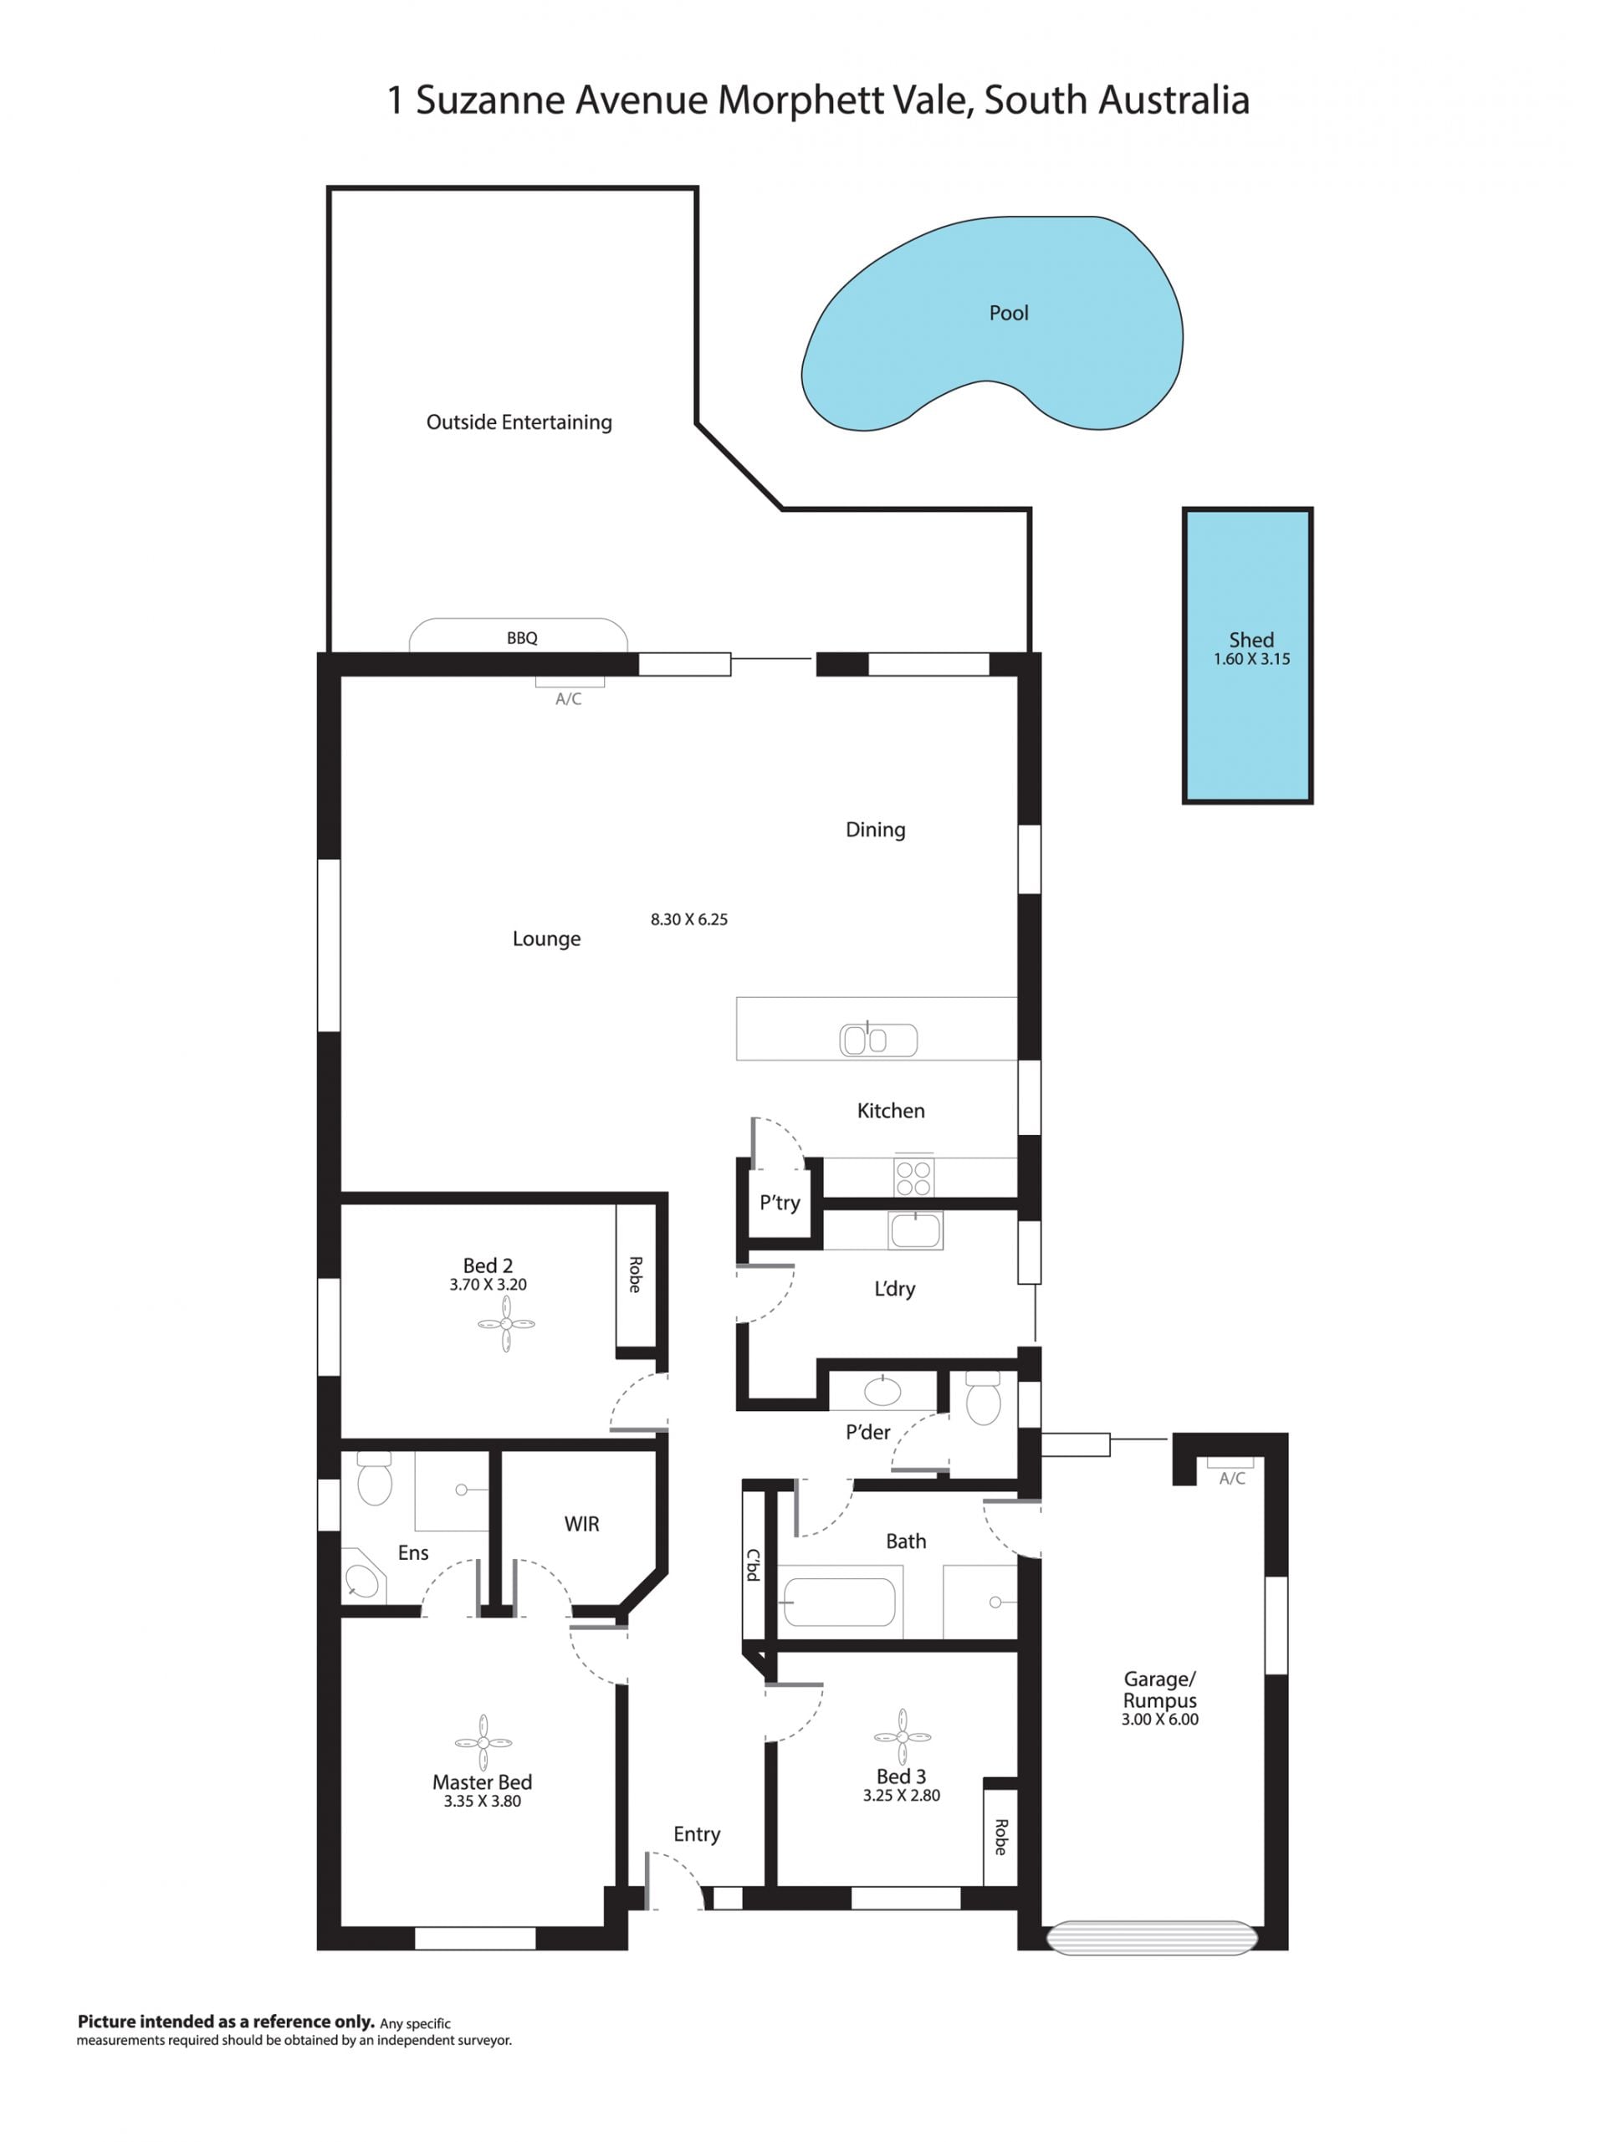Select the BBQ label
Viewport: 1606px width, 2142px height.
[522, 638]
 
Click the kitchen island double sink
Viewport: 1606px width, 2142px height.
[877, 1040]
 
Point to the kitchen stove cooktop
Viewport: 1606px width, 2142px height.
[913, 1177]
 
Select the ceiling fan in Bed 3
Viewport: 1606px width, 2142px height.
[902, 1737]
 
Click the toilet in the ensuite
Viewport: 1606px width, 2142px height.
[374, 1478]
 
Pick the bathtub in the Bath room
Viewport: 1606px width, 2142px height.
[839, 1603]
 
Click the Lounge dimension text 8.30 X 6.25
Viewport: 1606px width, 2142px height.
[688, 920]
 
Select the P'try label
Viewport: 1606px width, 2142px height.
[780, 1203]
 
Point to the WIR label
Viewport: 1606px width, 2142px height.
[582, 1524]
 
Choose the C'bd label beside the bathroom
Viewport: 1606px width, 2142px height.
[753, 1565]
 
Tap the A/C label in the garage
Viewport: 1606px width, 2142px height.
[1232, 1479]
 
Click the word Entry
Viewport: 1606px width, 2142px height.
[698, 1835]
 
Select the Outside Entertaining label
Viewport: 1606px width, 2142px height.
[519, 422]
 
